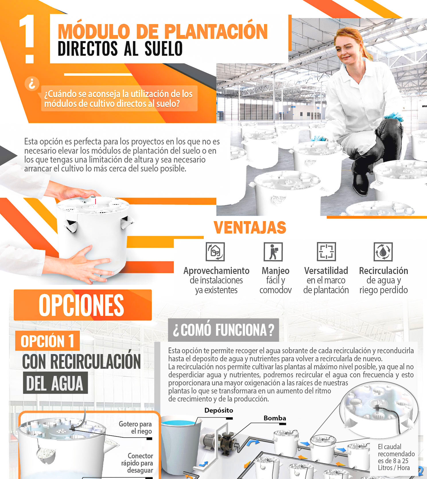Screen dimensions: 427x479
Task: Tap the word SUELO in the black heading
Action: (164, 49)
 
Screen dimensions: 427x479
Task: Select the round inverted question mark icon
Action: (32, 84)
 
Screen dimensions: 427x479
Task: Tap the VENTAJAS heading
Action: (250, 228)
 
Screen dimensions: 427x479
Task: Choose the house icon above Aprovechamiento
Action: (215, 252)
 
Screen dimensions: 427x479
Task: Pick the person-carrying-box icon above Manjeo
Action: (273, 252)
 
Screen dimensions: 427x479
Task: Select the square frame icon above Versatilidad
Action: (326, 252)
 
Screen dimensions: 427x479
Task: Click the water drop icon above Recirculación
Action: (383, 252)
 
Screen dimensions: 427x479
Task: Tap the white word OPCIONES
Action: (81, 305)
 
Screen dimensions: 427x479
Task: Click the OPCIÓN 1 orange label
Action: (47, 341)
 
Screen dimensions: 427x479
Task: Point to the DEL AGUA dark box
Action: (55, 383)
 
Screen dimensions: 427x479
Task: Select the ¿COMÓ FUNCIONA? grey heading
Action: (224, 330)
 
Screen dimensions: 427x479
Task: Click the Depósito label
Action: (219, 411)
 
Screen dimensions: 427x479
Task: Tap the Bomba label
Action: (275, 418)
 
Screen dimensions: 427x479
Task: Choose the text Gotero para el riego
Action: (135, 428)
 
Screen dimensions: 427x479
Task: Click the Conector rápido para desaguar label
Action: (137, 463)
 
